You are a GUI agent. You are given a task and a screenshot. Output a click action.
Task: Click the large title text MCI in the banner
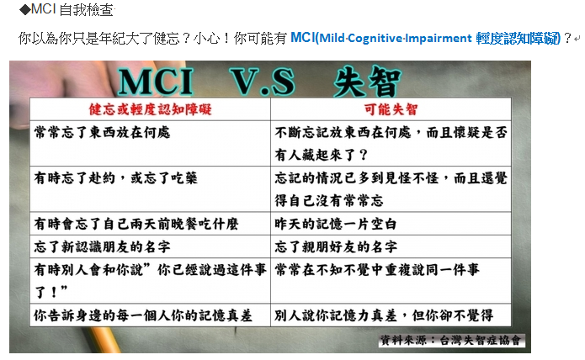[x=155, y=82]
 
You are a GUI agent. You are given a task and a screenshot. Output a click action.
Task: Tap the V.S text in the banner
[x=263, y=82]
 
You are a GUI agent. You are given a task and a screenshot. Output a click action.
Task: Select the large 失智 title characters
[x=367, y=82]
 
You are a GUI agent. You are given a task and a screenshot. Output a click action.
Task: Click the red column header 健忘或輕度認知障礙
[x=150, y=109]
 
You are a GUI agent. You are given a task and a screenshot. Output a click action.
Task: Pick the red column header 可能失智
[x=391, y=109]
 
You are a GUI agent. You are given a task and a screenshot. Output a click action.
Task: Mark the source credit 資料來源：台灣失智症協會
[x=450, y=341]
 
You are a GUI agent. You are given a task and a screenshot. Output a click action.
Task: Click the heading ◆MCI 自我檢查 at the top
[x=66, y=10]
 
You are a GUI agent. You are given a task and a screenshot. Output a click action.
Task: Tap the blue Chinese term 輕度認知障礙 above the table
[x=518, y=39]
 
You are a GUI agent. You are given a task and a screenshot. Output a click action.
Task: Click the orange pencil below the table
[x=106, y=340]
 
